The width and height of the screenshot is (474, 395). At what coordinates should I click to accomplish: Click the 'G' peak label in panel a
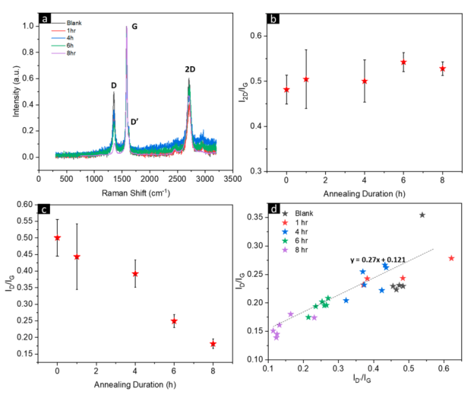(x=134, y=27)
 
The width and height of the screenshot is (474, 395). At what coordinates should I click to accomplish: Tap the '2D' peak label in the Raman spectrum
(x=190, y=70)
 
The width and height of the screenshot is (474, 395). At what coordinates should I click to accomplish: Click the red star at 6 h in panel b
(x=403, y=62)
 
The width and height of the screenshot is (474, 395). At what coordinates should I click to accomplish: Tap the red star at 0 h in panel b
(x=286, y=90)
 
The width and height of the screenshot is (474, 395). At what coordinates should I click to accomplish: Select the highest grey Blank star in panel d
(x=422, y=215)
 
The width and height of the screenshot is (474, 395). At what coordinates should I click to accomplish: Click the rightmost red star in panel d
(x=452, y=258)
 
